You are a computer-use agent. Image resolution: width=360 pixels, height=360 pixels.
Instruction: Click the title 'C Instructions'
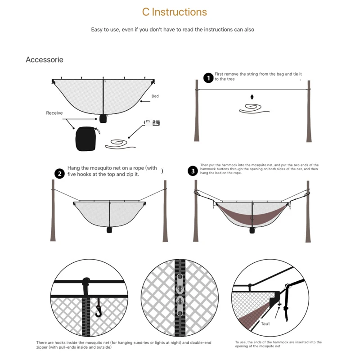pyautogui.click(x=175, y=12)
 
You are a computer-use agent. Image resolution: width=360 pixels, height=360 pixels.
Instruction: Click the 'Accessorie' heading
pyautogui.click(x=45, y=60)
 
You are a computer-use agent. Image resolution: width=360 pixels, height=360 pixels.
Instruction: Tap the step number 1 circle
pyautogui.click(x=208, y=78)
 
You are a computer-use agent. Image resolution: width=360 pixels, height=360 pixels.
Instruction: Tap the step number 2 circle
pyautogui.click(x=59, y=174)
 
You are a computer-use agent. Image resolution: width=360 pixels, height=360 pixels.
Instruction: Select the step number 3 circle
pyautogui.click(x=193, y=171)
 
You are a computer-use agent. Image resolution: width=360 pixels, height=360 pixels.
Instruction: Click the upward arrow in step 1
pyautogui.click(x=252, y=96)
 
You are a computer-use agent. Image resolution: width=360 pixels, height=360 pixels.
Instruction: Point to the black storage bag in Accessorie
pyautogui.click(x=86, y=139)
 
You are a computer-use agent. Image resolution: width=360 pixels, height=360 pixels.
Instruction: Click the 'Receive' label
pyautogui.click(x=54, y=113)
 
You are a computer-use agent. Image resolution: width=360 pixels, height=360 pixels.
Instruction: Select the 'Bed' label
pyautogui.click(x=155, y=96)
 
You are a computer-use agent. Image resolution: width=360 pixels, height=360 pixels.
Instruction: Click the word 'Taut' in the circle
pyautogui.click(x=265, y=323)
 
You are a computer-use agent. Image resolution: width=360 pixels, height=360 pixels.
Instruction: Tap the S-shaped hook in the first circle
pyautogui.click(x=99, y=310)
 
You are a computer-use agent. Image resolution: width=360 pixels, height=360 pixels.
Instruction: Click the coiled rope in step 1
pyautogui.click(x=252, y=108)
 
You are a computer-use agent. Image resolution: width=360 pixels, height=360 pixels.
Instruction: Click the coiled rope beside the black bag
pyautogui.click(x=119, y=144)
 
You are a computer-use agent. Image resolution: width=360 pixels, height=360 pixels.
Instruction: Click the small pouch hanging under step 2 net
pyautogui.click(x=109, y=229)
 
